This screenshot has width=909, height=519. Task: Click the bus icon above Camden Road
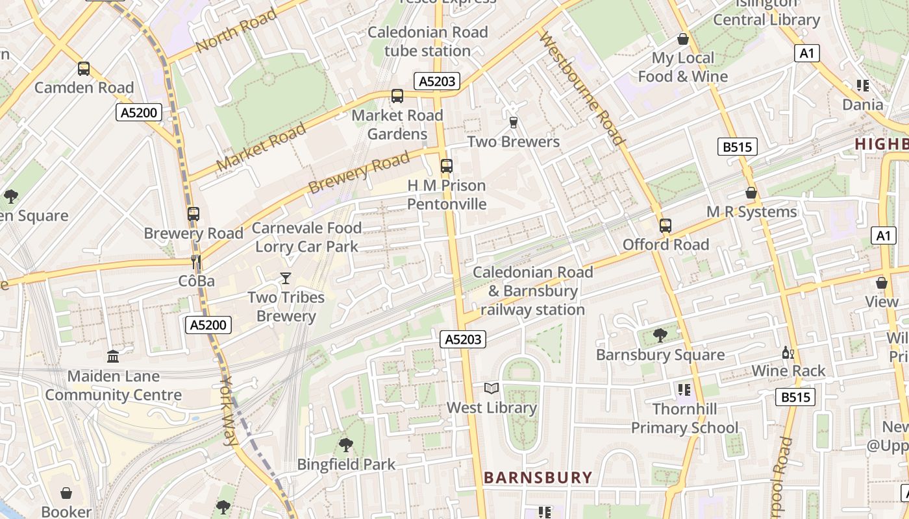[83, 68]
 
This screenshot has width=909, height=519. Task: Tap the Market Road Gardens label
[397, 125]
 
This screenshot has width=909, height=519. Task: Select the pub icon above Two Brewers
[514, 123]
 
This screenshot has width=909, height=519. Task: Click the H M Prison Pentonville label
[447, 195]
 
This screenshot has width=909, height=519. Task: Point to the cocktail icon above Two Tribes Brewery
[286, 278]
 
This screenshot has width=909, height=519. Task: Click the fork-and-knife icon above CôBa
[196, 262]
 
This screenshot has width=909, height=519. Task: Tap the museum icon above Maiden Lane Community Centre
[113, 356]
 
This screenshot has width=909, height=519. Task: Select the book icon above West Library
[492, 389]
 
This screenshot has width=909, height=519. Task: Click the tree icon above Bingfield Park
[346, 445]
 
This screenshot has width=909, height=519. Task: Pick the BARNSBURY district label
[538, 478]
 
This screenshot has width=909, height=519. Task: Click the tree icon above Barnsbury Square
[660, 335]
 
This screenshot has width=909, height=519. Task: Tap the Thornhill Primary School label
[684, 418]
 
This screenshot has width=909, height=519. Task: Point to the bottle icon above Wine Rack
[788, 352]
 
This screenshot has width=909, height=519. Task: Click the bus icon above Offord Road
[666, 226]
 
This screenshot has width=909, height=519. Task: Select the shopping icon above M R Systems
[751, 193]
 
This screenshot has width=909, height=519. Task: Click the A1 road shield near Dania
[806, 53]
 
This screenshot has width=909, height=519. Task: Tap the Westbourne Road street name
[582, 89]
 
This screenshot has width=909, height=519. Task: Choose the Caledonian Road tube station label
[427, 41]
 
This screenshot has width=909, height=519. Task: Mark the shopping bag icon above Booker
[66, 493]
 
